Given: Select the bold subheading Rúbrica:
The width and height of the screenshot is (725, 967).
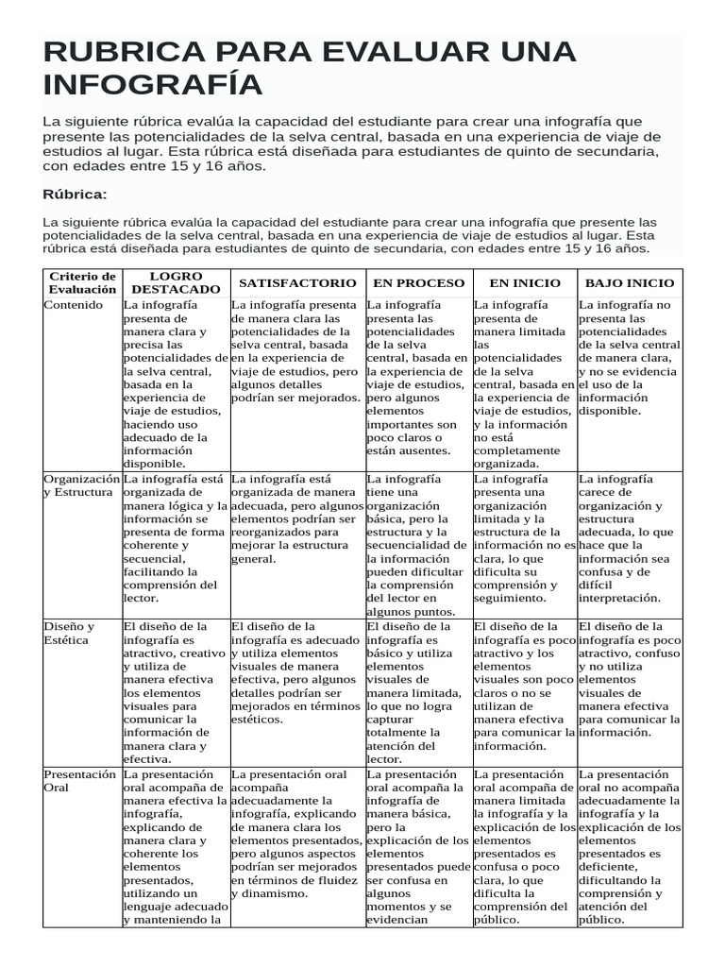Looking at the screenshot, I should [76, 194].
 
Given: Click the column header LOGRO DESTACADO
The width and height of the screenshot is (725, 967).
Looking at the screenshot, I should [176, 282].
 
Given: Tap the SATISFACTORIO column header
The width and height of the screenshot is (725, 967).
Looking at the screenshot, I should [297, 282].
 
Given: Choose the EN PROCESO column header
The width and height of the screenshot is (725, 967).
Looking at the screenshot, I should [418, 282].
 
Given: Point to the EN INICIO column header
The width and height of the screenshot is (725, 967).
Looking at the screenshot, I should [524, 282].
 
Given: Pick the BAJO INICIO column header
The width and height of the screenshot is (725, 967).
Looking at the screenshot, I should [630, 282].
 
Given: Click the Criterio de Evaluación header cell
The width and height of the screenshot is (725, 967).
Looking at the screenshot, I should [82, 282].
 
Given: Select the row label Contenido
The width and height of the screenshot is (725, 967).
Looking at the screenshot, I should [73, 306].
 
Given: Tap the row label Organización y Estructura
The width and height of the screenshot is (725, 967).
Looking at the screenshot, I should [82, 485].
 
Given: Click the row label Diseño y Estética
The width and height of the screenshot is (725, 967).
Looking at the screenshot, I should [69, 633].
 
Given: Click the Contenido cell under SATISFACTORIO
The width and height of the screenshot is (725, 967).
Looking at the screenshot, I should [296, 351].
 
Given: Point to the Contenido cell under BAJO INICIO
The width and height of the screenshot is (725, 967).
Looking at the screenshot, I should [629, 358].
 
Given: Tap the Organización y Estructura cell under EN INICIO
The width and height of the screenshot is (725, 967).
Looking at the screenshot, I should [524, 538].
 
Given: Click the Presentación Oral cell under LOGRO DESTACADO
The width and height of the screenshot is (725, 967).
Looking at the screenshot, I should [175, 846].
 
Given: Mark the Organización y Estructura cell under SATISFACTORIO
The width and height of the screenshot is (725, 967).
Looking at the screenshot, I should [296, 518].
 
